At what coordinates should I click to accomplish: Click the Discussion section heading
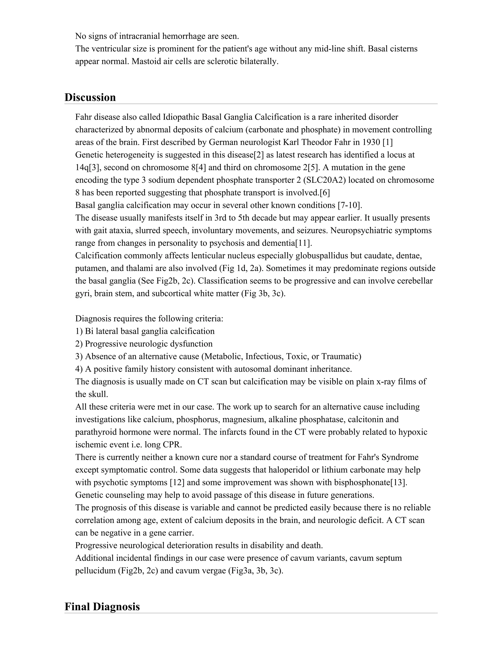coord(90,97)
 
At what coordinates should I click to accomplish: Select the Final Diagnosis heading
coord(102,606)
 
